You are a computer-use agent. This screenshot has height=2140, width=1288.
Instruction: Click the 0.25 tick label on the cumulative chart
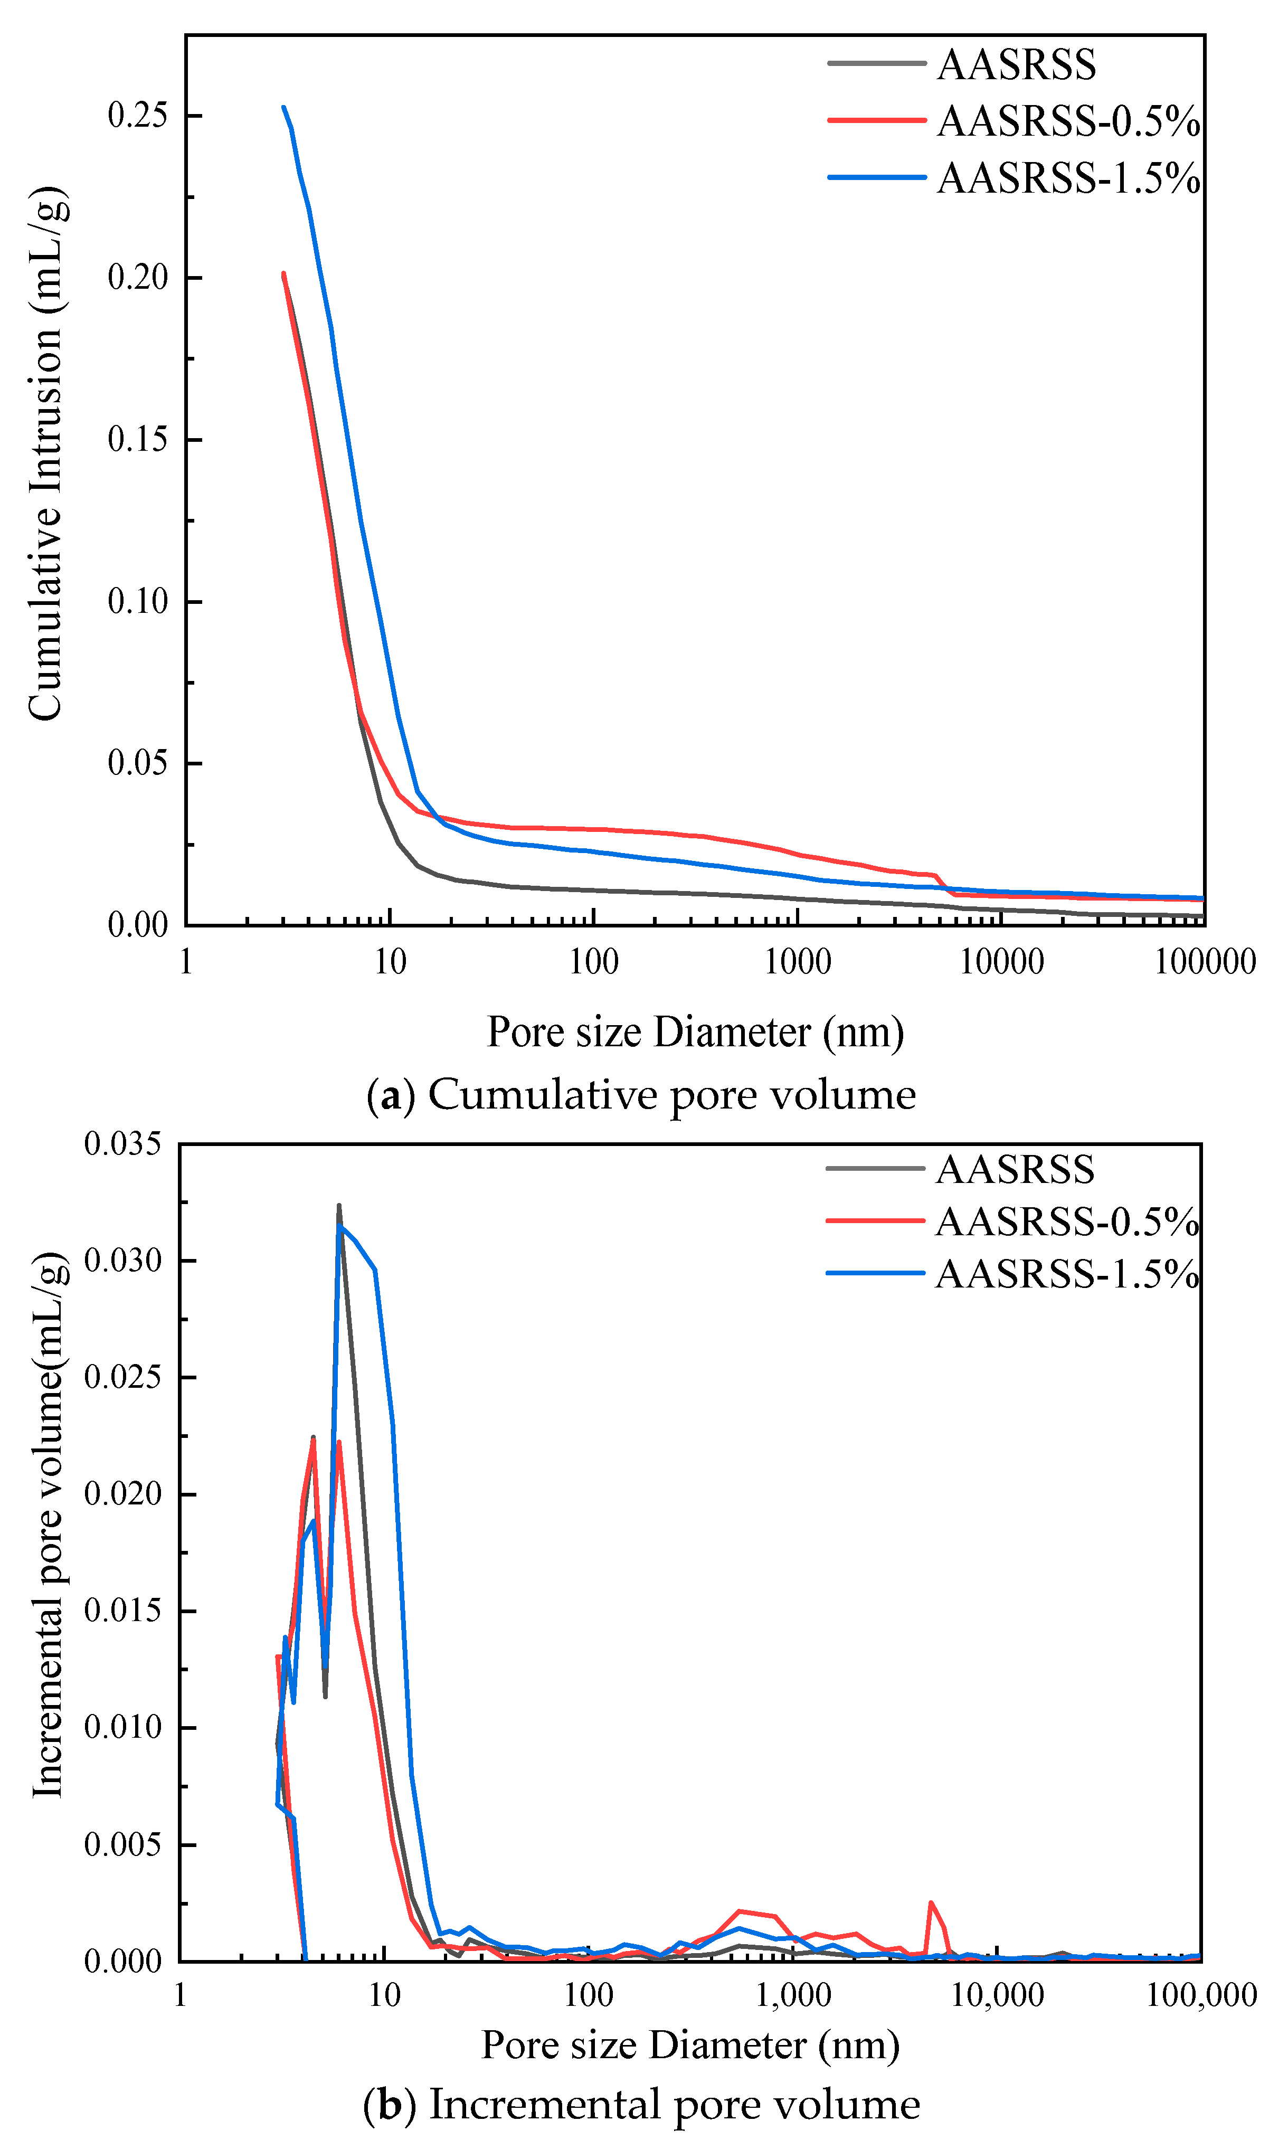(x=137, y=116)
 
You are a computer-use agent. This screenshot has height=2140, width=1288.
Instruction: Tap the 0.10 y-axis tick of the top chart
(x=137, y=601)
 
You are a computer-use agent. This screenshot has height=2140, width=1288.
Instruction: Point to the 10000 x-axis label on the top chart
(x=1001, y=962)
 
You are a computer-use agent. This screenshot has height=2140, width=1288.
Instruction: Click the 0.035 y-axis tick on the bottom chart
(x=122, y=1144)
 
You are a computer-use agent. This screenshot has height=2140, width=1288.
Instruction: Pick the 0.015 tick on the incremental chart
(x=122, y=1610)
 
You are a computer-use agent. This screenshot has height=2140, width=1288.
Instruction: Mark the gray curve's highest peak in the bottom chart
(x=338, y=1205)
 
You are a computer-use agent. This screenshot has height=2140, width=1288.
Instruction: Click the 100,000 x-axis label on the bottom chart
(x=1201, y=1994)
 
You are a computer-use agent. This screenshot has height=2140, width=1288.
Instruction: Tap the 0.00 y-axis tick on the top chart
(x=137, y=924)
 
